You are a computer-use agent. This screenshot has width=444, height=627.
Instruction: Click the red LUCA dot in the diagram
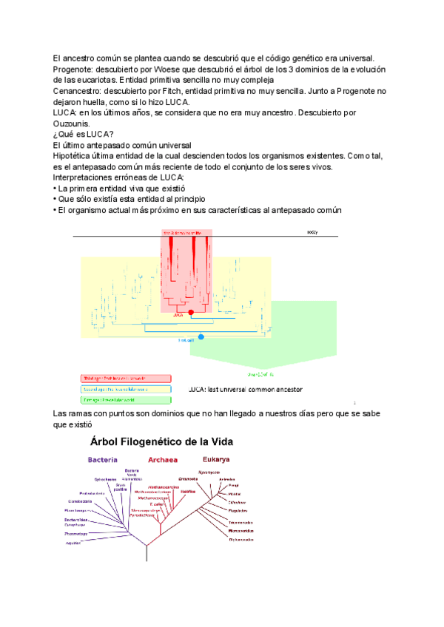coord(192,313)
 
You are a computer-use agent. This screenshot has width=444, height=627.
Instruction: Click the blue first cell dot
coord(201,337)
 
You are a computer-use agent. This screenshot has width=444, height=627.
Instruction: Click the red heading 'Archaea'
coord(163,459)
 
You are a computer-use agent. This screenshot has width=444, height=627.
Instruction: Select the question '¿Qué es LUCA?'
coord(84,134)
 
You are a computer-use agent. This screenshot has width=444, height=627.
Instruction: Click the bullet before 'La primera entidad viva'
coord(55,189)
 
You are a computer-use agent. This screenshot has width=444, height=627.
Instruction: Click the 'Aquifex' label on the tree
coord(73,542)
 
